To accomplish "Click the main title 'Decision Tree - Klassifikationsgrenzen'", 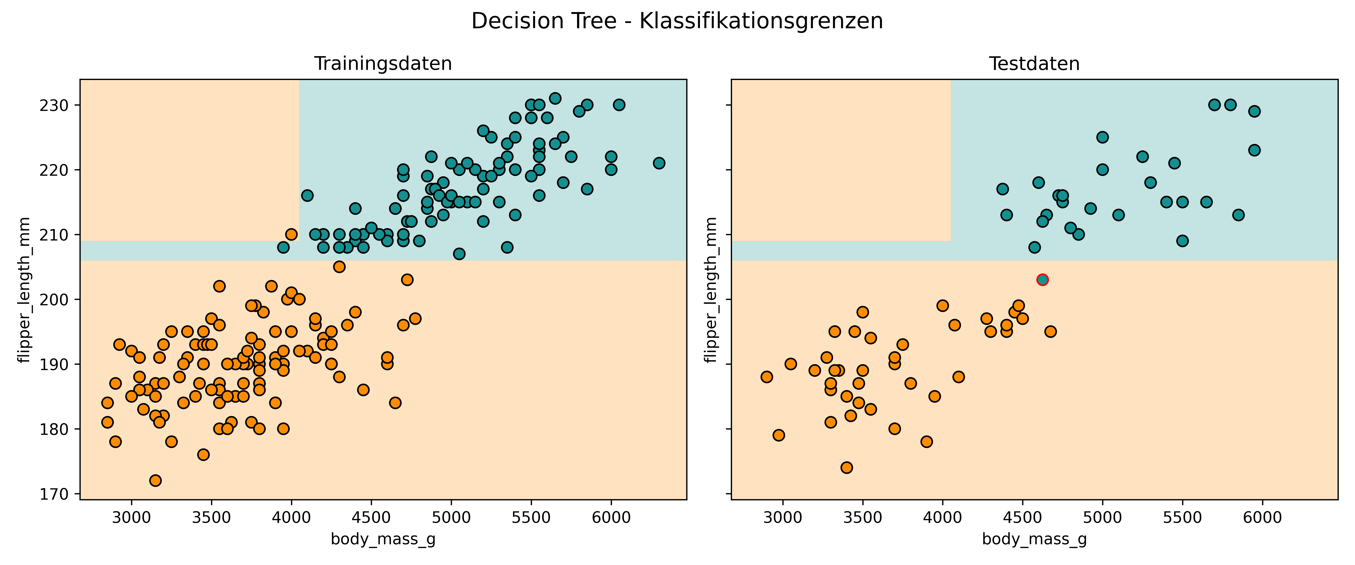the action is click(677, 21).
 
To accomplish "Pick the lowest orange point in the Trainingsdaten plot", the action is click(155, 480).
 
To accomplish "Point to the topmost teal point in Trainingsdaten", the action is click(555, 98).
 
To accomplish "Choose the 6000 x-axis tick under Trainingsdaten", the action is click(611, 518).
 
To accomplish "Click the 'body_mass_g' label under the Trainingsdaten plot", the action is click(383, 540).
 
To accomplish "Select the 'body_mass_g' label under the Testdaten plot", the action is click(1034, 540).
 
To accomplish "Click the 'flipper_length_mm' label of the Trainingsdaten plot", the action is click(24, 290).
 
